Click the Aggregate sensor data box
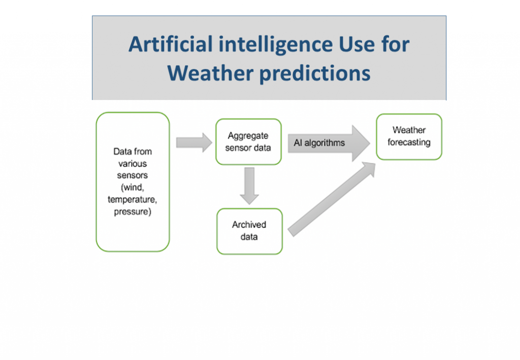[248, 142]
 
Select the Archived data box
[249, 231]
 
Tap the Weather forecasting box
[409, 137]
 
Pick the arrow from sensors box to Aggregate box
[193, 142]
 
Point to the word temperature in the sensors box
[132, 200]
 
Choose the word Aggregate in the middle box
[248, 136]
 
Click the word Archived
[249, 225]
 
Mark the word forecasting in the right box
[409, 143]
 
